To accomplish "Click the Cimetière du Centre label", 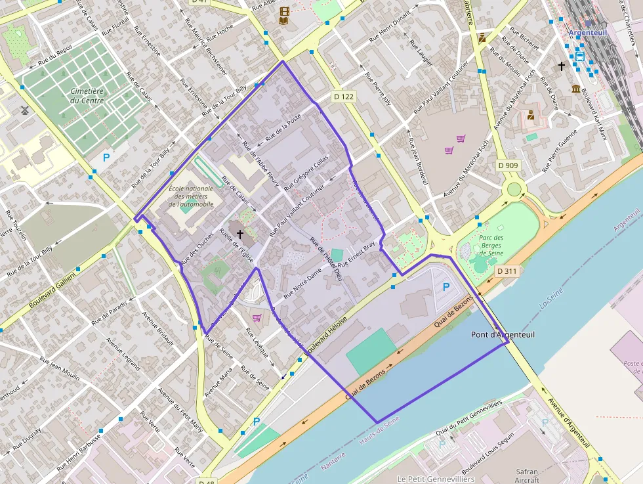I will (x=87, y=96).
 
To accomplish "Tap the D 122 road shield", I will (x=343, y=97).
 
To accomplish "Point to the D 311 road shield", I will (x=507, y=271).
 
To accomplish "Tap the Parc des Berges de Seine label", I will (x=491, y=246).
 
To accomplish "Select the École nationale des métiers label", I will (x=192, y=196).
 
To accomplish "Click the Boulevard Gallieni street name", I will (x=52, y=290).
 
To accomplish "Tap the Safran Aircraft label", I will (x=527, y=475).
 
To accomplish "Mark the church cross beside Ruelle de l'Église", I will (x=240, y=233).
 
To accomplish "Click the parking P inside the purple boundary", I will (x=446, y=287).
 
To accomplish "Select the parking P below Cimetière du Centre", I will (x=106, y=158).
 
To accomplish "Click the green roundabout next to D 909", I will (x=514, y=190).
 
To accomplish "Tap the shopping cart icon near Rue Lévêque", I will (x=257, y=318).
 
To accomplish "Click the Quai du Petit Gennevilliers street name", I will (x=470, y=416).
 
